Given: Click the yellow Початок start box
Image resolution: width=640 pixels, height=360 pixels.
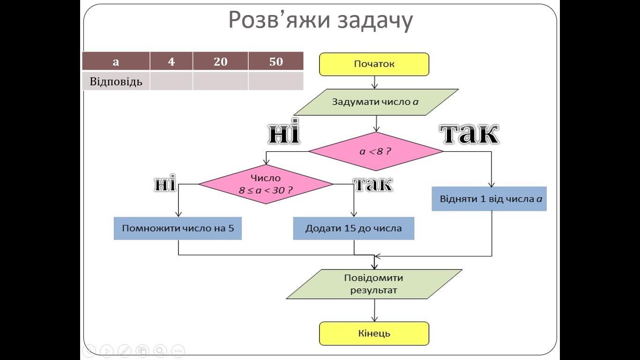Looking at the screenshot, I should point(374,64).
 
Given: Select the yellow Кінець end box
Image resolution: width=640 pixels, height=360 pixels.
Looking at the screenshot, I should point(374,334).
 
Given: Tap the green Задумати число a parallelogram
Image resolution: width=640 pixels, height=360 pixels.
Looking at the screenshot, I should point(375,102).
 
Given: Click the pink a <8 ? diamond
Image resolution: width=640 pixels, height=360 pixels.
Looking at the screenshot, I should point(375,151).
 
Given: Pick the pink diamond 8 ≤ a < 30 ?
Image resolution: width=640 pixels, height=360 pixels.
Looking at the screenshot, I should point(266,184).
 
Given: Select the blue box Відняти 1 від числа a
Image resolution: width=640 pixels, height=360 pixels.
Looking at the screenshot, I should point(489,199).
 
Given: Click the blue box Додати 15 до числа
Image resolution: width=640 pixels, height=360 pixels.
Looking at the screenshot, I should point(354,229).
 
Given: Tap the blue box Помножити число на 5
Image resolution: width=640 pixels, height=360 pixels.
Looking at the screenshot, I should point(178,229).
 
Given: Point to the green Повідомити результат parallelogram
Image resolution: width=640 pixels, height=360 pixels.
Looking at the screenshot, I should point(374,284).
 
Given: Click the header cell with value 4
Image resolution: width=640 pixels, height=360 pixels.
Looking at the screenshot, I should point(171,61).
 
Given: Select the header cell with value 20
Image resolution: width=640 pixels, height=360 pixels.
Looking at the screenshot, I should point(220,61).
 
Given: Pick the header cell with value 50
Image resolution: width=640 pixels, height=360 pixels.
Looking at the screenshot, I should point(276,61).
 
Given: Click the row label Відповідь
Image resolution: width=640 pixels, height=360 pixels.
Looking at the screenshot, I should point(116,81).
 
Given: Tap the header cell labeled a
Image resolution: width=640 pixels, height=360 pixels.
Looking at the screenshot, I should point(116,61).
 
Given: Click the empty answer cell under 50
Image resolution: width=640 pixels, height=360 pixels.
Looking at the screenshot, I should point(276,81).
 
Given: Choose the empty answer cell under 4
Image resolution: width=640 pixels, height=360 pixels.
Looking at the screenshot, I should point(171,81).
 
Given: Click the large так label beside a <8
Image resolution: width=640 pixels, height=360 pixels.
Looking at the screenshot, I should point(469,134).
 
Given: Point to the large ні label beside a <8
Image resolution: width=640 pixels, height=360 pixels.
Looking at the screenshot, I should point(283,134).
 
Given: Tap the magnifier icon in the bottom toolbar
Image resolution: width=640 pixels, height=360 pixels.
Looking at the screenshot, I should point(160,350).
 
